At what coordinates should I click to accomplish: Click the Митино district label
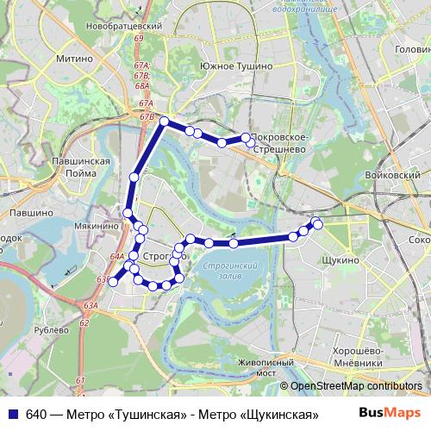point(74,59)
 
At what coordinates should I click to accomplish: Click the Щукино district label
point(338,259)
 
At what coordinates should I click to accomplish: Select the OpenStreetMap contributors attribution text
point(355,387)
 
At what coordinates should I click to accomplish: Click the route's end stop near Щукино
point(317,224)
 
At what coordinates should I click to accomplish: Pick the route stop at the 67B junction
point(164,122)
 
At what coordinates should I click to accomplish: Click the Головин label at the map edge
point(412,50)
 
